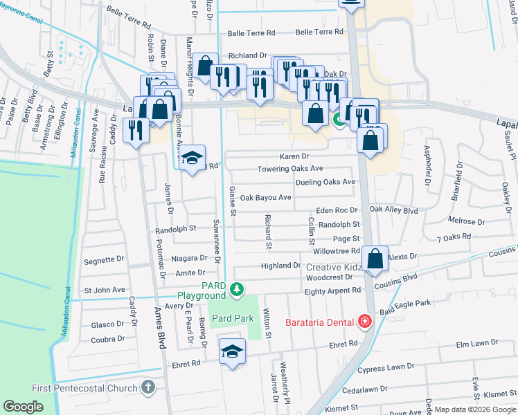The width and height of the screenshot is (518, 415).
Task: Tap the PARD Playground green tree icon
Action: tap(238, 288)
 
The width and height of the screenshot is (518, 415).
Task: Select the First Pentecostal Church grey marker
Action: tap(148, 388)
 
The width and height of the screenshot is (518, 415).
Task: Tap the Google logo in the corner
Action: tap(23, 407)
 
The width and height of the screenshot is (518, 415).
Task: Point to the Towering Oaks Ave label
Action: tap(290, 169)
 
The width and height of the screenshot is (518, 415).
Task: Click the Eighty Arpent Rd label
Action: tap(334, 291)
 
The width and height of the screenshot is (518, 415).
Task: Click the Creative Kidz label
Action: tap(334, 267)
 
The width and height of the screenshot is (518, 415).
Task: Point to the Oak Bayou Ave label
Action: tap(265, 197)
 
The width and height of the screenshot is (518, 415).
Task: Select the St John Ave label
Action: tap(104, 290)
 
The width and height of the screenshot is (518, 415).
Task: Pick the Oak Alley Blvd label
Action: tap(394, 210)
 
